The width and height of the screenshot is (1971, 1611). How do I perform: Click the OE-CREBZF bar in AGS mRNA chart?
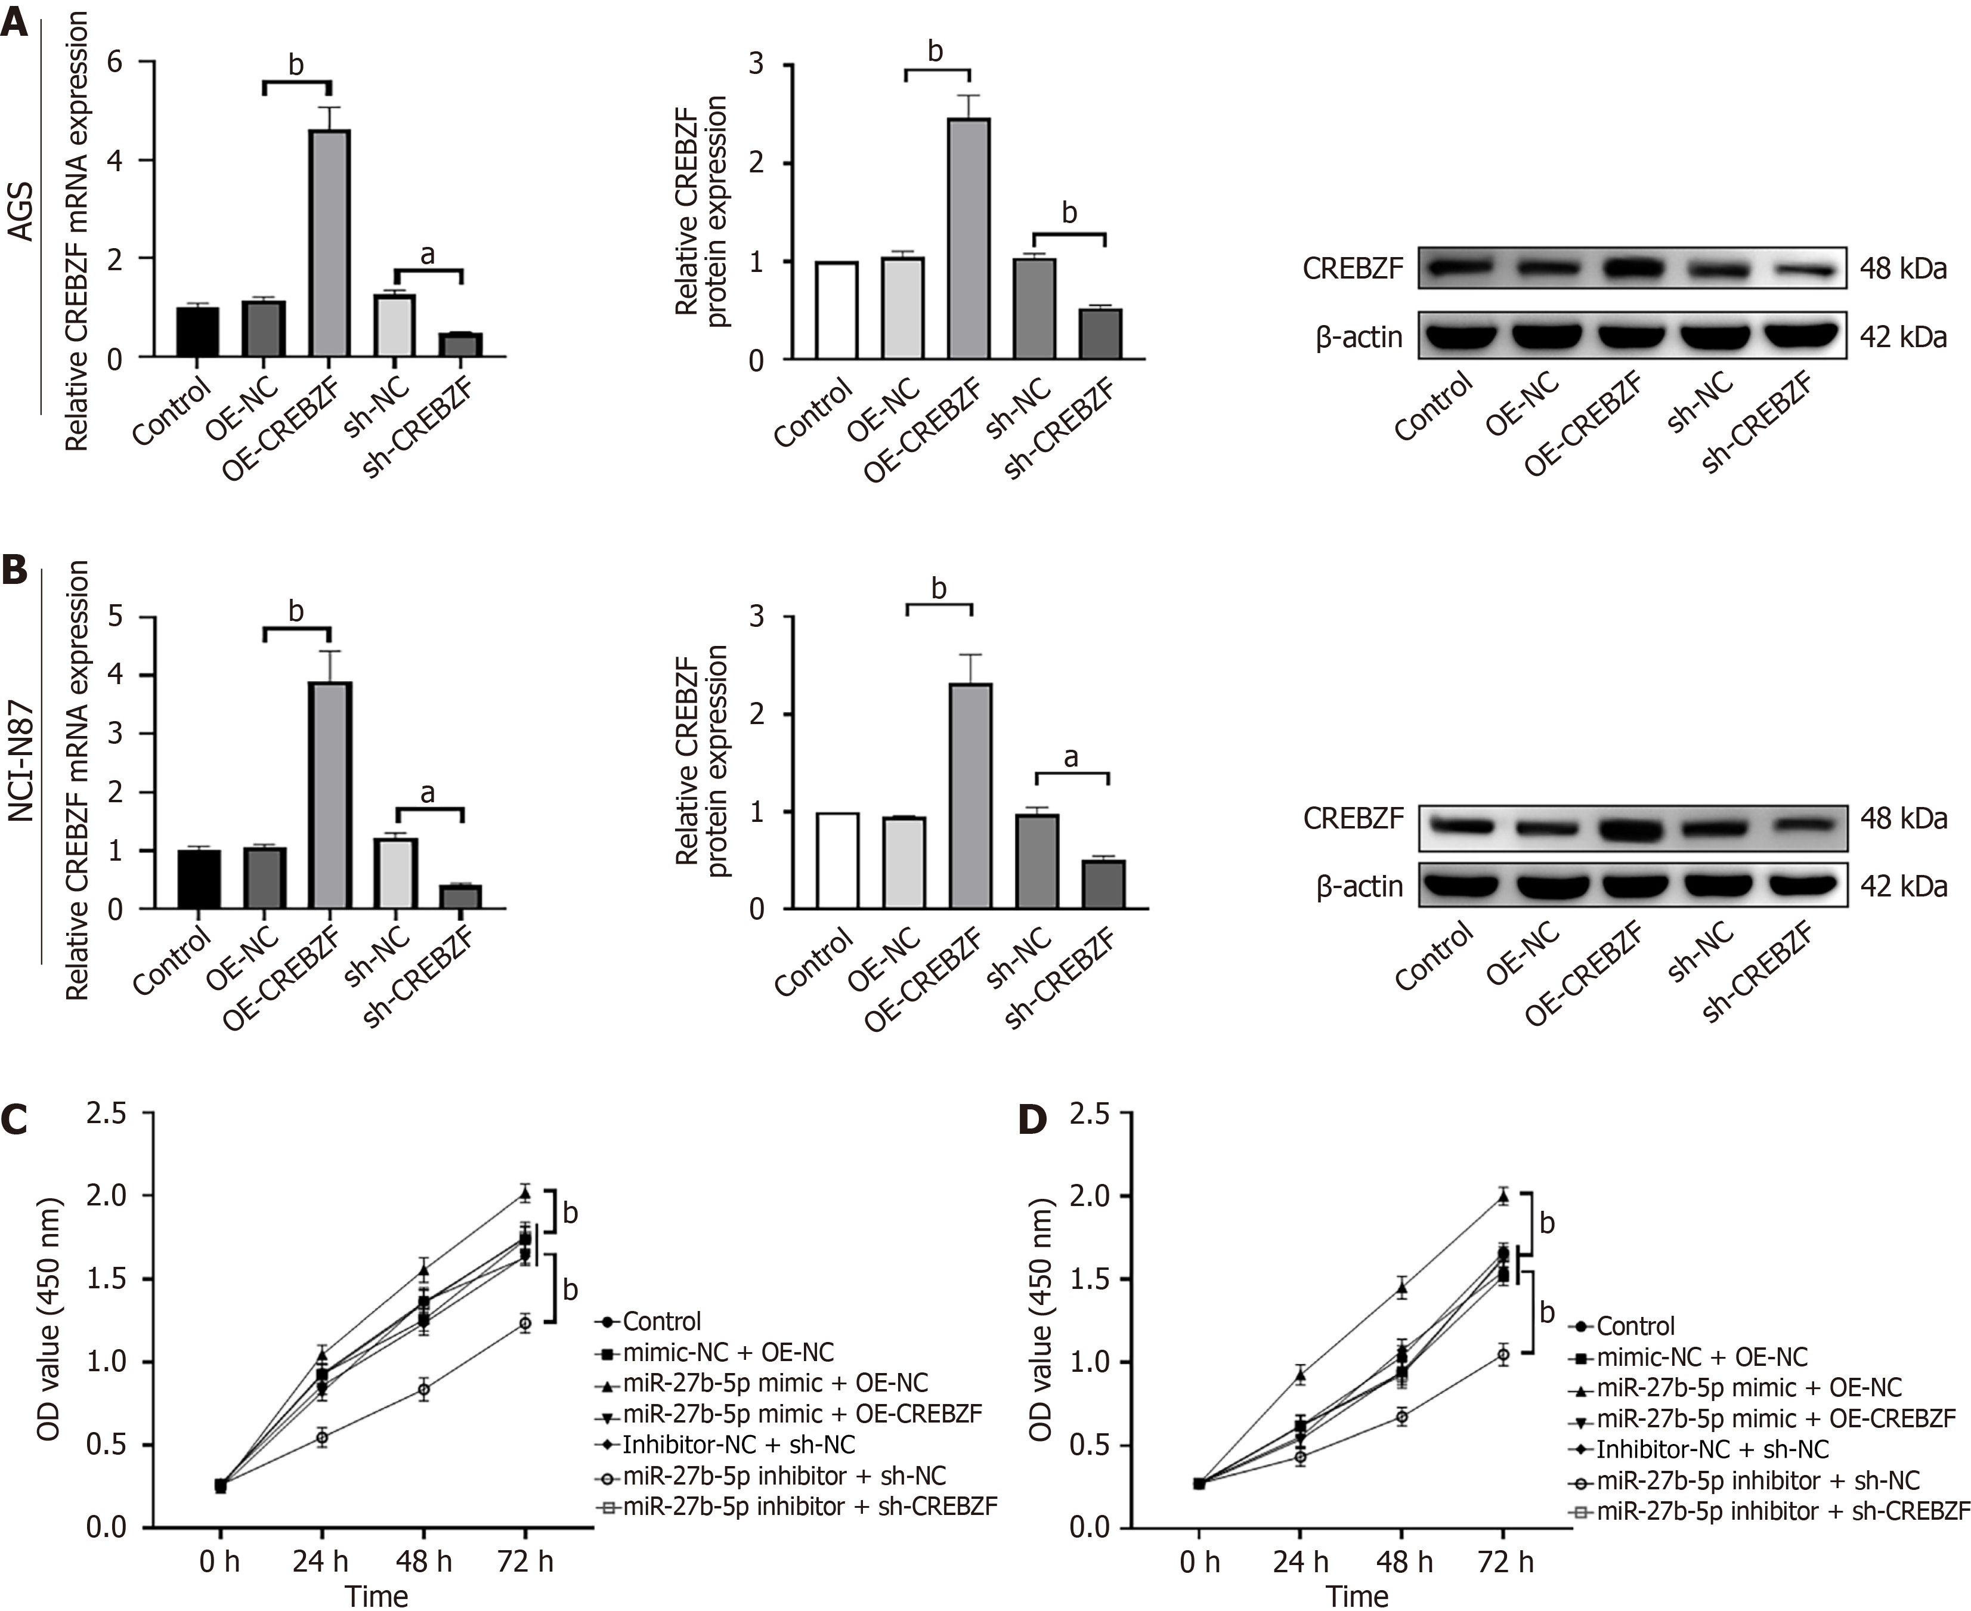coord(330,243)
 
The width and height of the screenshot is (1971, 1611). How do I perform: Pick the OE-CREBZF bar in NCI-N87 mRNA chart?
coord(330,795)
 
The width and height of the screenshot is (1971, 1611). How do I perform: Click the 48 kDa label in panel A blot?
coord(1902,269)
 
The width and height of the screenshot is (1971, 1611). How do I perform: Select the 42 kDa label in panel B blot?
coord(1902,886)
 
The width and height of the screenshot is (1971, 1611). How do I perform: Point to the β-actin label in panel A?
coord(1359,337)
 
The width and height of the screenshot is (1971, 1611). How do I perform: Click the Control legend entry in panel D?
coord(1636,1326)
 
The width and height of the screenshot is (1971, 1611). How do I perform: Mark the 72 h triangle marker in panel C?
coord(525,1193)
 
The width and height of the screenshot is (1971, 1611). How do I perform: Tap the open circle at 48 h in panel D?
coord(1402,1417)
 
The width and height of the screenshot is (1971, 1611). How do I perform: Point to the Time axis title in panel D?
coord(1357,1596)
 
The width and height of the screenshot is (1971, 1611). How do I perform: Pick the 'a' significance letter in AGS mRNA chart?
coord(428,254)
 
